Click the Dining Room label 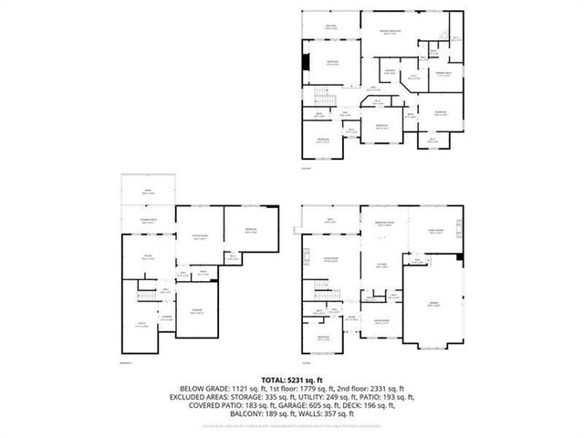pyautogui.click(x=381, y=322)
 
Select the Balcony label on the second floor pyautogui.click(x=332, y=26)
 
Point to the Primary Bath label pyautogui.click(x=443, y=75)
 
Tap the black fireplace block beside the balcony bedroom pyautogui.click(x=306, y=63)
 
